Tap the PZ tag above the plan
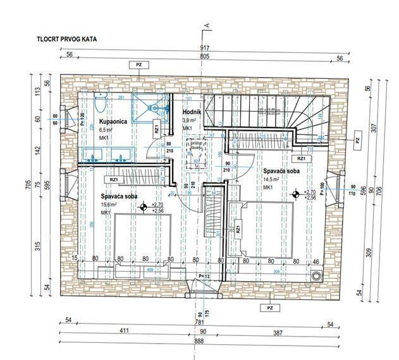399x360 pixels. [x=137, y=64]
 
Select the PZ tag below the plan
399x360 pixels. [x=270, y=308]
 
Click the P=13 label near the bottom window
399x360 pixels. [x=203, y=276]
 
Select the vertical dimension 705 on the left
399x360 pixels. [x=28, y=184]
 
